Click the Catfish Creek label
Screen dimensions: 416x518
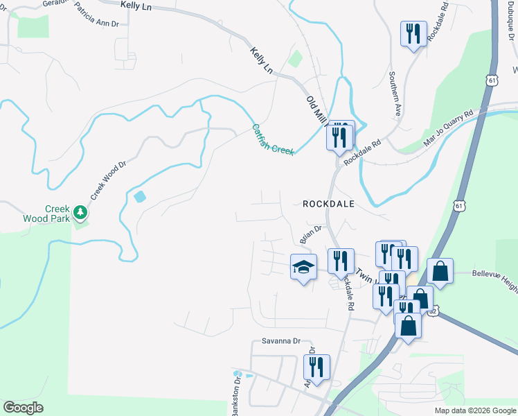click(273, 139)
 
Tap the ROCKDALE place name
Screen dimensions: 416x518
click(328, 204)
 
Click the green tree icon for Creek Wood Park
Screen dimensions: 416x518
click(81, 211)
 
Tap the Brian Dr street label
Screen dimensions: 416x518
click(311, 234)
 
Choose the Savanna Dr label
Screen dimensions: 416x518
click(280, 341)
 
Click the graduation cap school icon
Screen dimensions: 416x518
click(303, 266)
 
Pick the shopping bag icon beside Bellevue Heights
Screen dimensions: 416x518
click(440, 271)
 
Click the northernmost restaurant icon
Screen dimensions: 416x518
click(413, 34)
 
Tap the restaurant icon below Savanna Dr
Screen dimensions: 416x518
click(316, 367)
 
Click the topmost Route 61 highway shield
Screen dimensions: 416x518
click(492, 80)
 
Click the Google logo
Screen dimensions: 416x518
click(24, 408)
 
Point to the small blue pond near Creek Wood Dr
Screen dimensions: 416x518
click(140, 196)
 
